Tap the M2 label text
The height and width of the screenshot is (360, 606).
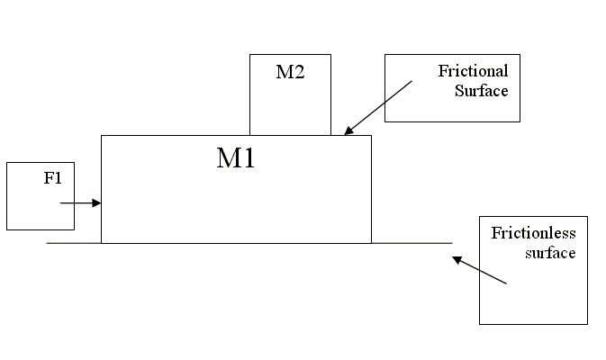pyautogui.click(x=290, y=72)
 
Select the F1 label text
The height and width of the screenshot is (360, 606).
pyautogui.click(x=53, y=177)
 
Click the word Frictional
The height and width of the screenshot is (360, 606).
pyautogui.click(x=473, y=71)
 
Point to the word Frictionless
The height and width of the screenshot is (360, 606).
pyautogui.click(x=533, y=234)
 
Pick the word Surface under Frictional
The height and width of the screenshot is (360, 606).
pyautogui.click(x=483, y=90)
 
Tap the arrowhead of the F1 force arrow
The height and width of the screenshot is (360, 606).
pyautogui.click(x=97, y=203)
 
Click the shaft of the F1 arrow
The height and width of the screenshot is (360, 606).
pyautogui.click(x=77, y=203)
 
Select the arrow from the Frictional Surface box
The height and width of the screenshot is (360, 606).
pyautogui.click(x=378, y=107)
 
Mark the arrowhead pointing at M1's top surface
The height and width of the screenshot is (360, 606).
pyautogui.click(x=348, y=131)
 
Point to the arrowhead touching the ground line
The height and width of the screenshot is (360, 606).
pyautogui.click(x=457, y=259)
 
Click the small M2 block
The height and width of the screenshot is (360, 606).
pyautogui.click(x=290, y=103)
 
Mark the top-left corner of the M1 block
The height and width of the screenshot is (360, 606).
pyautogui.click(x=101, y=135)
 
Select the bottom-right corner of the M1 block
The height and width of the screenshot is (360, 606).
pyautogui.click(x=371, y=243)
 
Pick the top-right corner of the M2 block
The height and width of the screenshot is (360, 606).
pyautogui.click(x=330, y=54)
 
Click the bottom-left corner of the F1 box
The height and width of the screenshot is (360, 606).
pyautogui.click(x=6, y=229)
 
